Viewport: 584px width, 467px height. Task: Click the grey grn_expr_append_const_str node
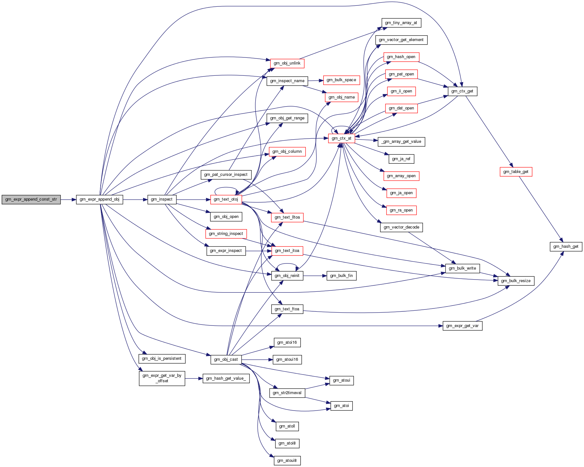pyautogui.click(x=31, y=199)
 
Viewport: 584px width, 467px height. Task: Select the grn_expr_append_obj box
pyautogui.click(x=99, y=199)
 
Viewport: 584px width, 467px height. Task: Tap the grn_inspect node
pyautogui.click(x=162, y=199)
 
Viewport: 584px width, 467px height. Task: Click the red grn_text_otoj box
pyautogui.click(x=226, y=199)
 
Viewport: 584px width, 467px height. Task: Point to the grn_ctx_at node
pyautogui.click(x=341, y=138)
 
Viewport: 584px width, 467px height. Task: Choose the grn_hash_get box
pyautogui.click(x=566, y=246)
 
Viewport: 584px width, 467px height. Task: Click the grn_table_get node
pyautogui.click(x=516, y=172)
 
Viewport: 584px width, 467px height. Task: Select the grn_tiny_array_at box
pyautogui.click(x=401, y=23)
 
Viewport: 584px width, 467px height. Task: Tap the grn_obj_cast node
pyautogui.click(x=226, y=359)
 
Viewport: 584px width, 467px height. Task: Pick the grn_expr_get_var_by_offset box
pyautogui.click(x=162, y=378)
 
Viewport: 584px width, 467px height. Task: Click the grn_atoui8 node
pyautogui.click(x=287, y=461)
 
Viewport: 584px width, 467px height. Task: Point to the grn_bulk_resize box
pyautogui.click(x=516, y=281)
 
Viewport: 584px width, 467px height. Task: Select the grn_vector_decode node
pyautogui.click(x=401, y=227)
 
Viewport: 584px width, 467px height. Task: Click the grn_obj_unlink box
pyautogui.click(x=287, y=63)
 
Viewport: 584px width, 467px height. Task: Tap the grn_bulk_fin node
pyautogui.click(x=341, y=276)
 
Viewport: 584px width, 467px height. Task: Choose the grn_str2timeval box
pyautogui.click(x=287, y=393)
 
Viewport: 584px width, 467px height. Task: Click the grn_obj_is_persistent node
pyautogui.click(x=162, y=359)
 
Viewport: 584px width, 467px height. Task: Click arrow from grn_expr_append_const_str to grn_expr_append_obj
pyautogui.click(x=68, y=200)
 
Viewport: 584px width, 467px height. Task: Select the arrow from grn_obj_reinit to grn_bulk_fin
pyautogui.click(x=315, y=276)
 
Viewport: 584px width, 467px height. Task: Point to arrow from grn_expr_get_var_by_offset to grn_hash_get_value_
pyautogui.click(x=194, y=378)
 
